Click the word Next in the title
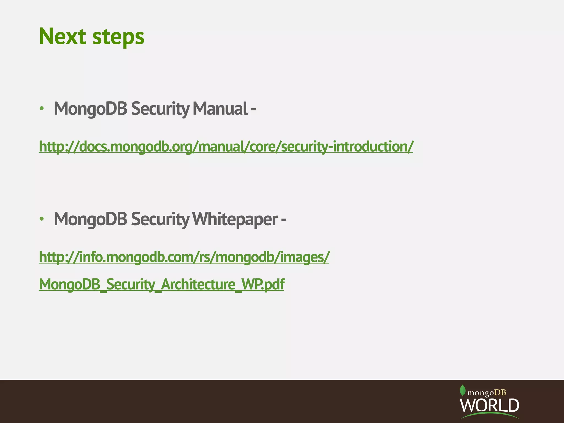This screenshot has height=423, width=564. pyautogui.click(x=63, y=36)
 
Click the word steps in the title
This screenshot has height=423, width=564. pyautogui.click(x=118, y=37)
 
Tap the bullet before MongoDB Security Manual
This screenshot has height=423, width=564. pyautogui.click(x=42, y=109)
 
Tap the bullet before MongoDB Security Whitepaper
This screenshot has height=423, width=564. pyautogui.click(x=42, y=219)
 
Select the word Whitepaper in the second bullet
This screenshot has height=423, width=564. pyautogui.click(x=235, y=219)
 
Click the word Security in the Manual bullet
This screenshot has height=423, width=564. pyautogui.click(x=160, y=109)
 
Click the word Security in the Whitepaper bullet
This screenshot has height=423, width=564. pyautogui.click(x=160, y=220)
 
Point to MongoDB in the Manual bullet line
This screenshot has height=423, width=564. pyautogui.click(x=91, y=109)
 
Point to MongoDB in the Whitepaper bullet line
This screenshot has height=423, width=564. pyautogui.click(x=91, y=220)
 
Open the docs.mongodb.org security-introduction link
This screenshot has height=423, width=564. pyautogui.click(x=226, y=147)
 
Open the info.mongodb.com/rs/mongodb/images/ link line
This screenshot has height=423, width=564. pyautogui.click(x=184, y=257)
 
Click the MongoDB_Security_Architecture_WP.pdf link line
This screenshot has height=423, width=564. pyautogui.click(x=161, y=284)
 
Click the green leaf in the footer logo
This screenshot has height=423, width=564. pyautogui.click(x=463, y=390)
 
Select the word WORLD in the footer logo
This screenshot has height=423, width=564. pyautogui.click(x=489, y=405)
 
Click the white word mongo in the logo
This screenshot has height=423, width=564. pyautogui.click(x=481, y=393)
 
